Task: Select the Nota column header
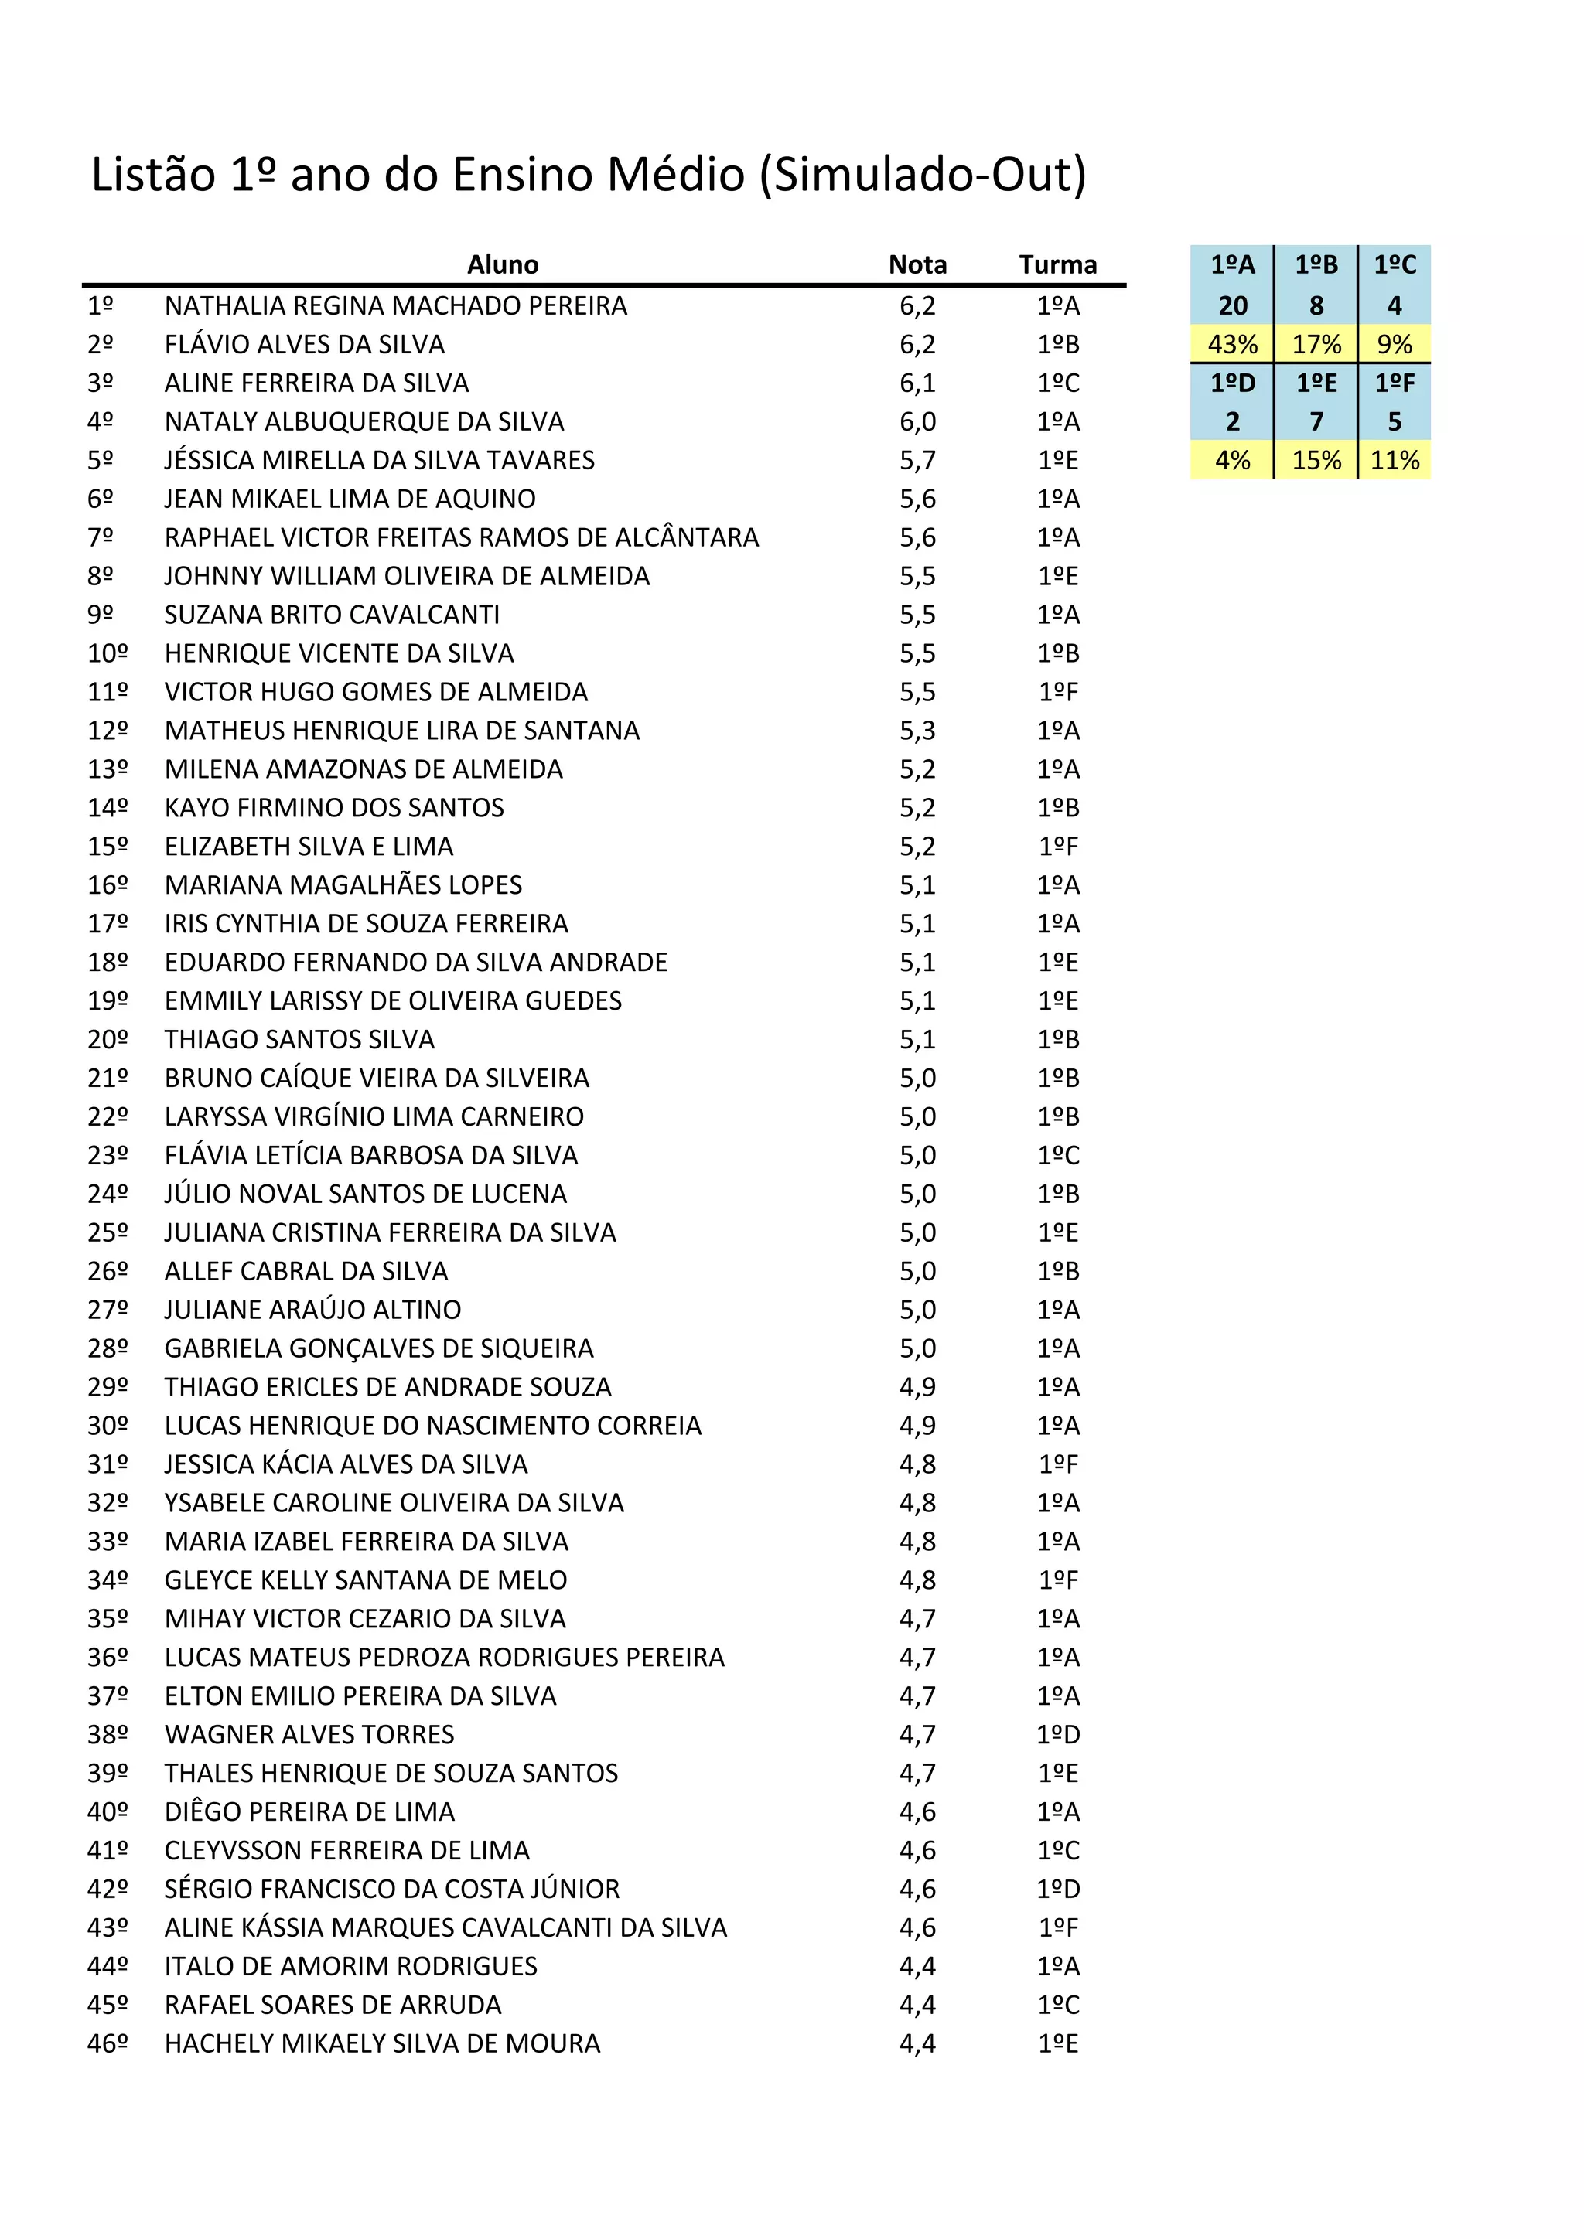tap(917, 264)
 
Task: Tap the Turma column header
tap(1057, 264)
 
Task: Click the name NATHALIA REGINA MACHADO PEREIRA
tap(395, 306)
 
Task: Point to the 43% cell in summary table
tap(1232, 344)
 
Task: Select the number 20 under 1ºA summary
tap(1232, 306)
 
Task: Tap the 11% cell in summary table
tap(1394, 460)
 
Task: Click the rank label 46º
tap(108, 2043)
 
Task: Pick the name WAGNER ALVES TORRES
tap(309, 1734)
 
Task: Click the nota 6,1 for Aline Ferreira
tap(917, 383)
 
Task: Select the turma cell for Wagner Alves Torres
tap(1058, 1734)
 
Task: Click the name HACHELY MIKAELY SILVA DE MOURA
tap(382, 2043)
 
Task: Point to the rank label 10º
tap(108, 653)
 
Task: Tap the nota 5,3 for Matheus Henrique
tap(917, 731)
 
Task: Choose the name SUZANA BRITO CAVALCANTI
tap(332, 615)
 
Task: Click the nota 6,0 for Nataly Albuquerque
tap(917, 421)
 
